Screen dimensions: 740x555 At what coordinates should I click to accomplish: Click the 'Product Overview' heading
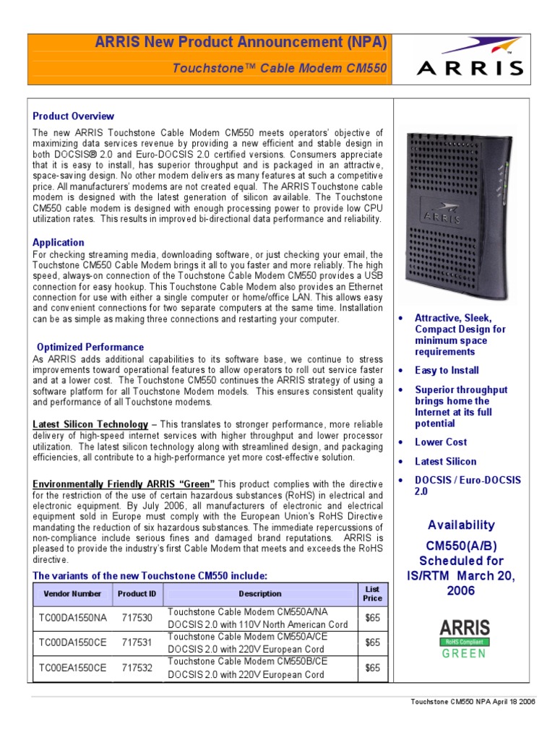pos(74,116)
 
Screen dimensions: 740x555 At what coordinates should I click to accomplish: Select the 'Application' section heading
pos(59,243)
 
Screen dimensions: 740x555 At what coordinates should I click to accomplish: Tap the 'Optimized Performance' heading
pos(90,347)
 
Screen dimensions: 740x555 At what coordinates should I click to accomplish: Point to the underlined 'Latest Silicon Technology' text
pos(90,424)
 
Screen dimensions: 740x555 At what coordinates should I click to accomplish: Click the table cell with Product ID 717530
pos(137,618)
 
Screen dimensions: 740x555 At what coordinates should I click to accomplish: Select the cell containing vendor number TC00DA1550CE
pos(72,642)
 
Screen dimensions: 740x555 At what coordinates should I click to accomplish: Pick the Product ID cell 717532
pos(137,668)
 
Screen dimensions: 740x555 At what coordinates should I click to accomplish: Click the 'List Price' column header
pos(372,594)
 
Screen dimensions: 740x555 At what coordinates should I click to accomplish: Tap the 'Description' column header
pos(260,594)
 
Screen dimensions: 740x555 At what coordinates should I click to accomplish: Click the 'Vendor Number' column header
pos(72,594)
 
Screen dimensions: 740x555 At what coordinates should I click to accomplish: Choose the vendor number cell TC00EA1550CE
pos(72,668)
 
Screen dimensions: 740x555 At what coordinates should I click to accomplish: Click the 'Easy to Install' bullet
pos(447,371)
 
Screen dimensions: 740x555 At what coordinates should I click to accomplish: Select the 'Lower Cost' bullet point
pos(441,442)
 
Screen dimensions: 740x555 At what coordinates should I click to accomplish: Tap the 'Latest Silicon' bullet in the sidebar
pos(445,462)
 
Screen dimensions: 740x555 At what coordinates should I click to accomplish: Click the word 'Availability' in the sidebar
pos(461,525)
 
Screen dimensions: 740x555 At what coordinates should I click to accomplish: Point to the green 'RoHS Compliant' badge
pos(465,642)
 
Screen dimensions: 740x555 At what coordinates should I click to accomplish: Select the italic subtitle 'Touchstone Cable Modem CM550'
pos(279,68)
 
